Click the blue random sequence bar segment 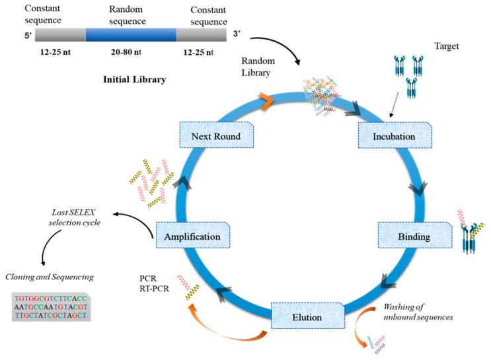pos(131,35)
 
